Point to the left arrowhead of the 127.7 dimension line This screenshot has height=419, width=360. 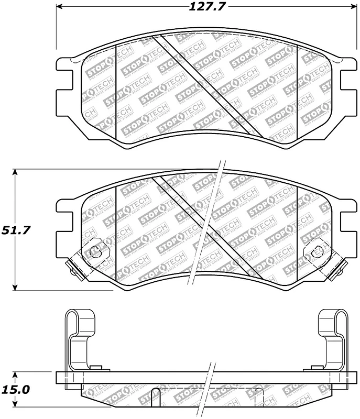[x=59, y=7]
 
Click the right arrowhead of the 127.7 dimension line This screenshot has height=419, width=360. [x=353, y=7]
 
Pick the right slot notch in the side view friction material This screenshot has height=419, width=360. [x=257, y=397]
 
